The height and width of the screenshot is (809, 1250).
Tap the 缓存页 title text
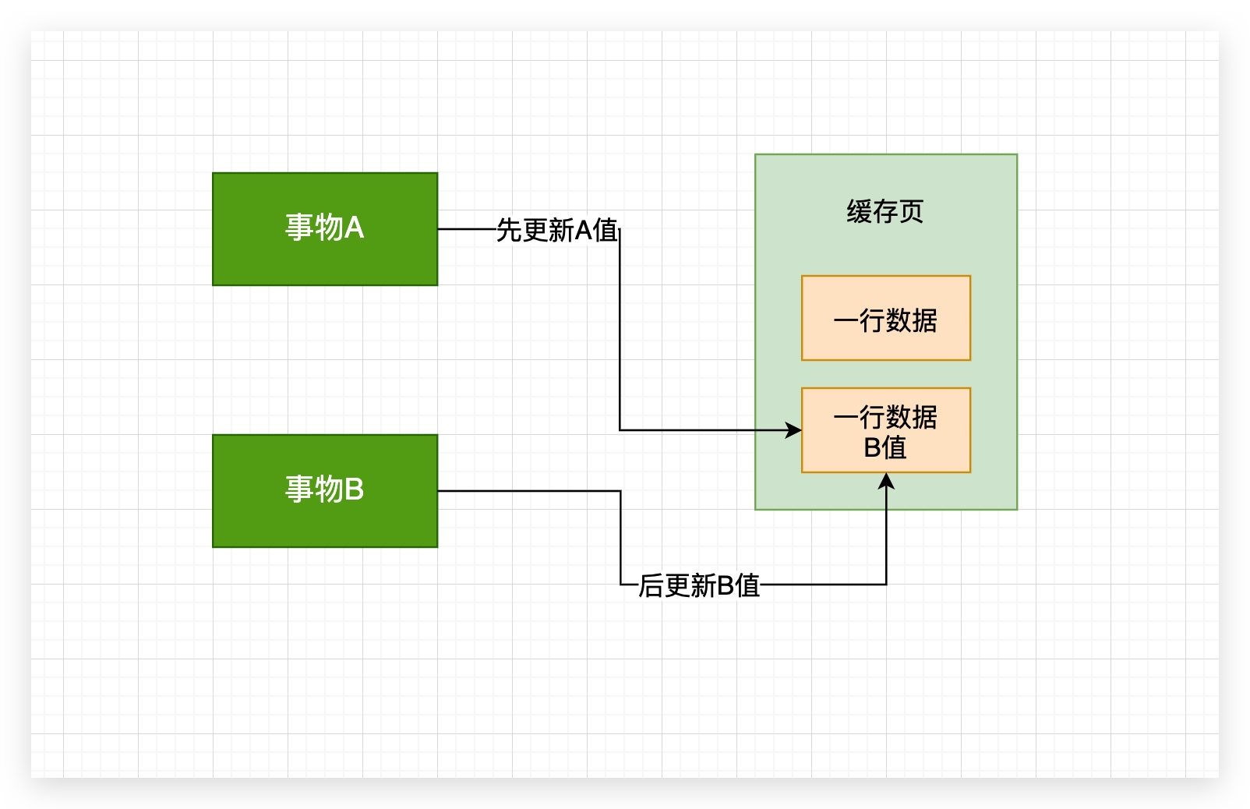pyautogui.click(x=885, y=211)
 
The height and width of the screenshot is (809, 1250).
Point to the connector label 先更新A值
pyautogui.click(x=556, y=230)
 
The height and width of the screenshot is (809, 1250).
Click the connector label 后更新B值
pyautogui.click(x=699, y=585)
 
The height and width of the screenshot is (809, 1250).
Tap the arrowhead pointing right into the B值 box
pyautogui.click(x=793, y=430)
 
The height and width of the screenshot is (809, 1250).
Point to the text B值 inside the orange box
pyautogui.click(x=885, y=447)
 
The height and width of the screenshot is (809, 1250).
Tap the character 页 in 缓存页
pyautogui.click(x=911, y=211)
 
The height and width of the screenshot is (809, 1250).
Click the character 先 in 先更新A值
pyautogui.click(x=509, y=230)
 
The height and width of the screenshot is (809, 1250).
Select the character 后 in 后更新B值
pyautogui.click(x=651, y=585)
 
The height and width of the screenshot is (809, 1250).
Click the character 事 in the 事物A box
pyautogui.click(x=298, y=228)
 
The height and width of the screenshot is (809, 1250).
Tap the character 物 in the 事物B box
pyautogui.click(x=327, y=489)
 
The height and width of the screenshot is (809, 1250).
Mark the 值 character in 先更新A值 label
pyautogui.click(x=606, y=230)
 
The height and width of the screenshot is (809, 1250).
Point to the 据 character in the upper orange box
pyautogui.click(x=924, y=320)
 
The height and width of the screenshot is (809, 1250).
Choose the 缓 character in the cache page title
pyautogui.click(x=859, y=211)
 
